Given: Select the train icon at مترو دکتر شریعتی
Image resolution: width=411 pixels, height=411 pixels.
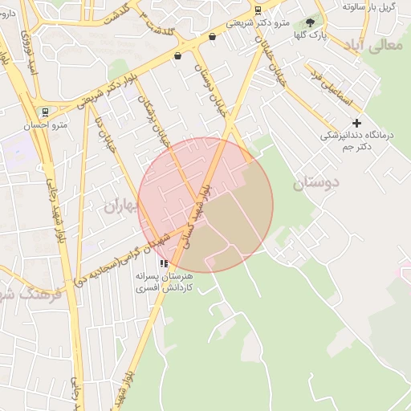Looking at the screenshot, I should tap(257, 10).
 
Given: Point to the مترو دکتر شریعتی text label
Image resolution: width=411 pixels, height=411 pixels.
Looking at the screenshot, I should tap(257, 23).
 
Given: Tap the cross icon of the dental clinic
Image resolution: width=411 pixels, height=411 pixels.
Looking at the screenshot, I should tap(357, 122).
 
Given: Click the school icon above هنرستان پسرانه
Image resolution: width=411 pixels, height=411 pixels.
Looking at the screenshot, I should tap(164, 262).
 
